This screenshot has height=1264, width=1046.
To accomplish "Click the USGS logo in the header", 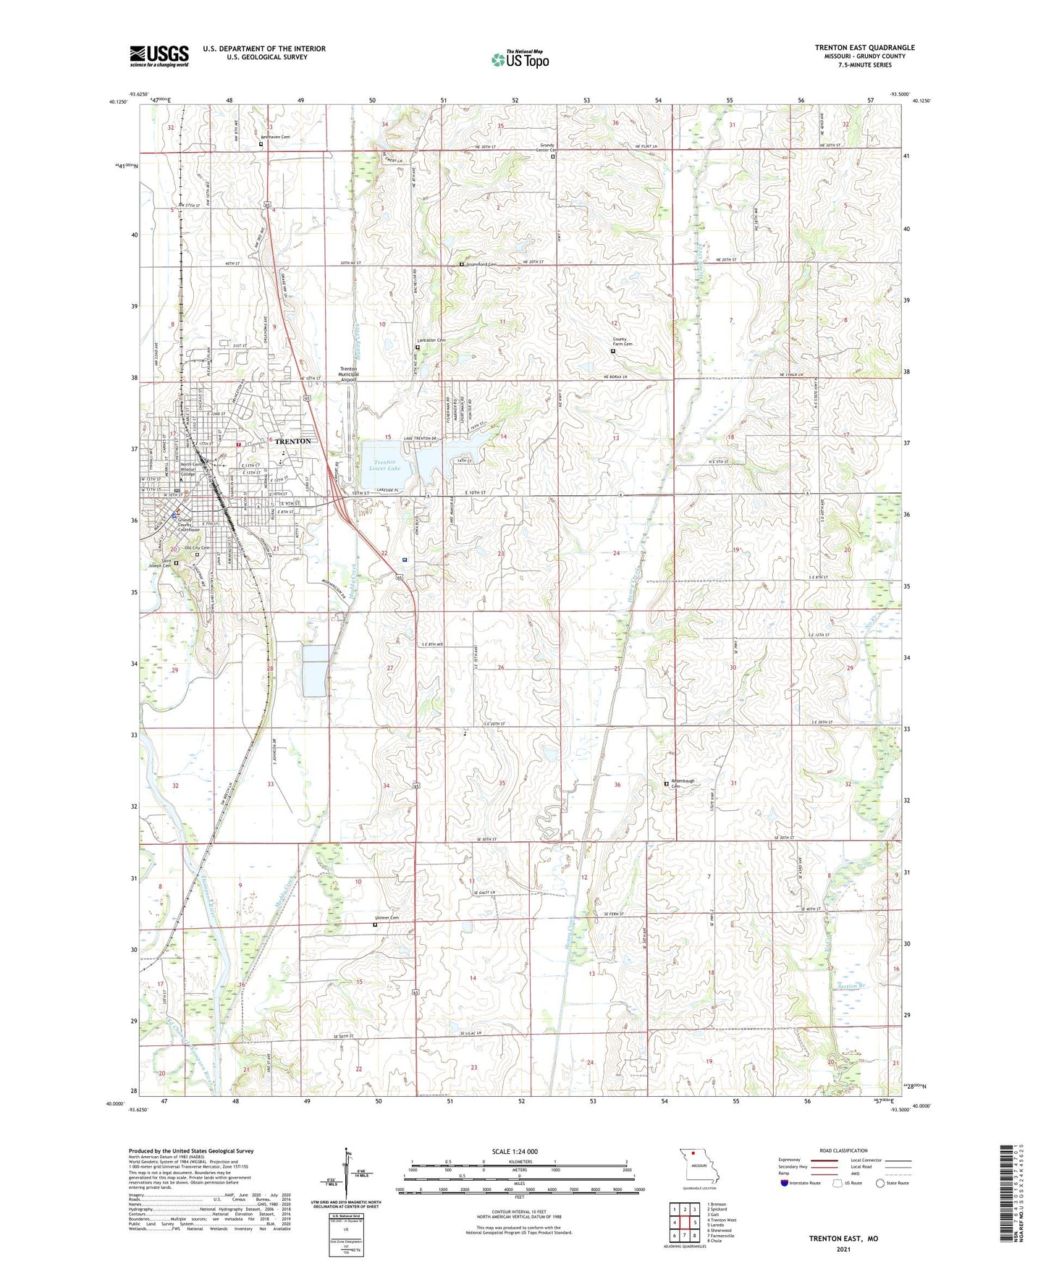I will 159,56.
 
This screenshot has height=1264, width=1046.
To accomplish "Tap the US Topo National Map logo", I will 519,59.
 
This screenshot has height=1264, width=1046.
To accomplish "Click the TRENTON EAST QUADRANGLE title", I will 864,48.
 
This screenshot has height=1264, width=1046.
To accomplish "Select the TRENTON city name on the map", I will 292,441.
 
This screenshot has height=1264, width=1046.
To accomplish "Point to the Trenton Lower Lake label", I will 384,465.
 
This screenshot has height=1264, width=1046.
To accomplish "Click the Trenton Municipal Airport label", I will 349,374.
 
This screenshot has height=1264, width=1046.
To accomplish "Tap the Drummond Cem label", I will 481,265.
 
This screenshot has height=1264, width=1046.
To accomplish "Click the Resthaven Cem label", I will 275,137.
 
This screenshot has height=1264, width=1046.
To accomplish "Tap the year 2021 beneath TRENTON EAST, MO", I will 843,1249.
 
